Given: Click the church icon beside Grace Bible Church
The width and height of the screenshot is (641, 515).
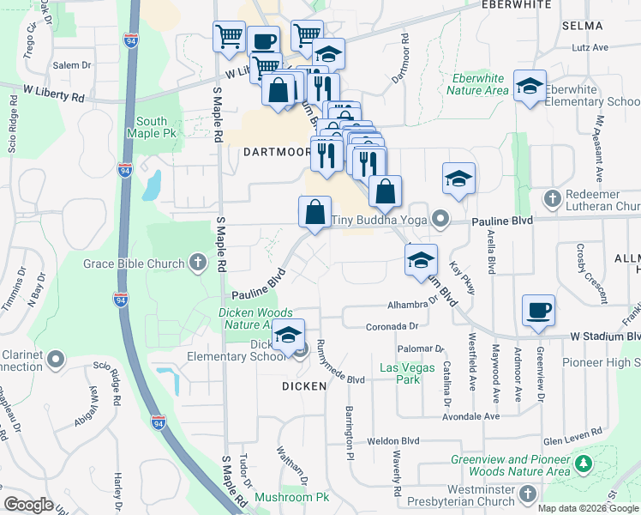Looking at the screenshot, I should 198,262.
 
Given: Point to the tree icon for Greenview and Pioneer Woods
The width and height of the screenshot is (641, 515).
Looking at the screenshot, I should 584,464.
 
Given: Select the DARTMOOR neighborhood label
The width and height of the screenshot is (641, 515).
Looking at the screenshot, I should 277,152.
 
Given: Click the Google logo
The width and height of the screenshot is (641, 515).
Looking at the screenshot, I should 29,505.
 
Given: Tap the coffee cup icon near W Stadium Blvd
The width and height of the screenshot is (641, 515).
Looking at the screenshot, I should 538,312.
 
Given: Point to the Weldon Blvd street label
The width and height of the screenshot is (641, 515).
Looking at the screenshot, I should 393,441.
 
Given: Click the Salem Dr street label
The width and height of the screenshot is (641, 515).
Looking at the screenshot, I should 72,65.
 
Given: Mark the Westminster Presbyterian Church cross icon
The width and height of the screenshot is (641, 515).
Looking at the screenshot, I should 528,494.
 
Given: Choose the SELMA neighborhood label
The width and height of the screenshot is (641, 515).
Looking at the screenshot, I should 583,26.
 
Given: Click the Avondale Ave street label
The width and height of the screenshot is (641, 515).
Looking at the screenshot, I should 471,417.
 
